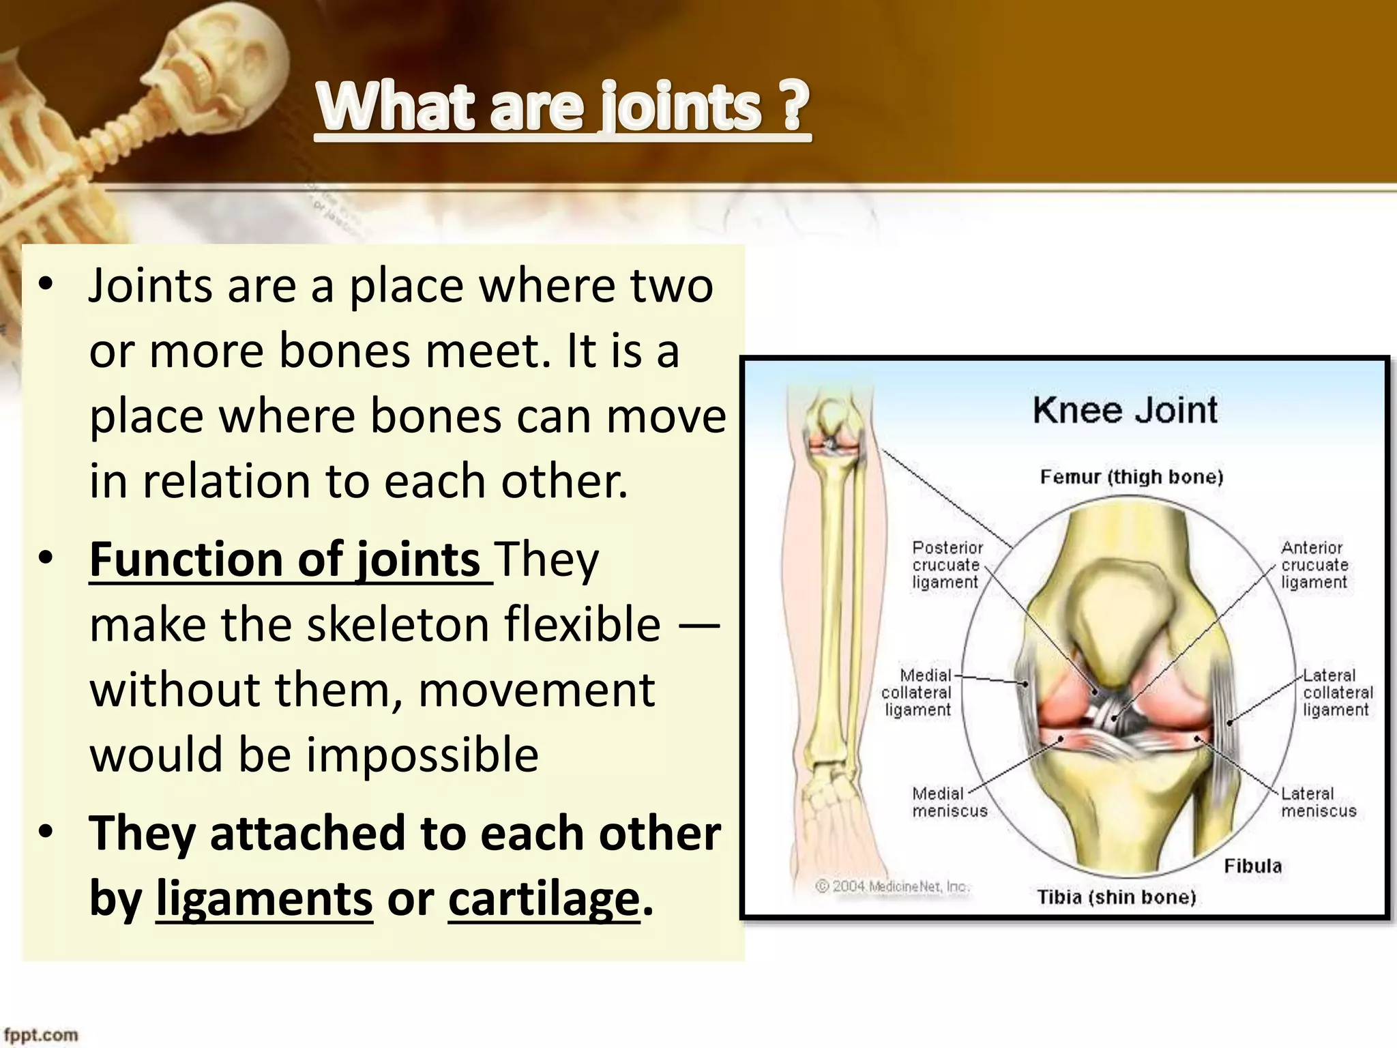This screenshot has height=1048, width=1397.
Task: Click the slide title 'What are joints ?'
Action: (563, 107)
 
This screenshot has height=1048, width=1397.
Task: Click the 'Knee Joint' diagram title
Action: (1125, 411)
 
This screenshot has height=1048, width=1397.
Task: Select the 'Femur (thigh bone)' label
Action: (1131, 477)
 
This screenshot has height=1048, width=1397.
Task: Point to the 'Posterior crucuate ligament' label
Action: (947, 565)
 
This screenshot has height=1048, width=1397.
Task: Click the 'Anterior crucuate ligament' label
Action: (1314, 565)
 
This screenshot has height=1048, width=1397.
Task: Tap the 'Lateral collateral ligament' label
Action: (1336, 693)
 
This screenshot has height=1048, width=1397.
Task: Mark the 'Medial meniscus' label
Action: (949, 802)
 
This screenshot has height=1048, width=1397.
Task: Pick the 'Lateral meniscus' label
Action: (1318, 802)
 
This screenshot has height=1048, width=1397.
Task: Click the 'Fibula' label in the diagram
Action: (1252, 867)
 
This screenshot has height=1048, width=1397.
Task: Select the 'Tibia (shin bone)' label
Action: (1117, 897)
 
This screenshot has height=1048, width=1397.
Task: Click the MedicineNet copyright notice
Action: (892, 886)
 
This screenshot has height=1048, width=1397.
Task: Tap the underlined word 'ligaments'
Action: (264, 899)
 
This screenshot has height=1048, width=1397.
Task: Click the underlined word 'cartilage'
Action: (544, 899)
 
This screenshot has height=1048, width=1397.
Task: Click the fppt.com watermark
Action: (41, 1035)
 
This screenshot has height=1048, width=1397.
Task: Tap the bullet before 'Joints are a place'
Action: (46, 285)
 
